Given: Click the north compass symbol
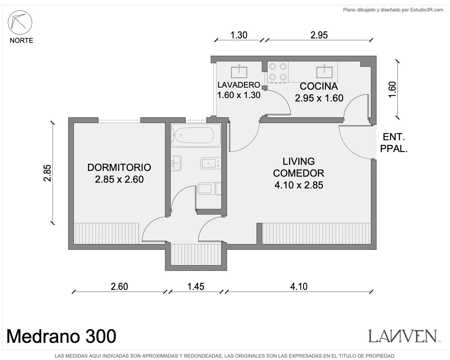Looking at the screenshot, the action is [x=20, y=22].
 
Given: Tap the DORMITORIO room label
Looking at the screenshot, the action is [x=119, y=168].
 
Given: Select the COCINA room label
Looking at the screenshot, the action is [x=319, y=86].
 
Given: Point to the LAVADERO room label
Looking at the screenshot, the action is [x=239, y=85].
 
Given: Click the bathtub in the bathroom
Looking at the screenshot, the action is [x=194, y=135].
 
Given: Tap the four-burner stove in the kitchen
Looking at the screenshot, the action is [x=278, y=72].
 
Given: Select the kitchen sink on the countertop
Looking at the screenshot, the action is [x=324, y=72].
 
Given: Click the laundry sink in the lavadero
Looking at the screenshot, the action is [x=239, y=72].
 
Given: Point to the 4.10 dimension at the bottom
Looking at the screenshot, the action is [x=299, y=287].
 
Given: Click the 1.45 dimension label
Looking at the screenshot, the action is [x=196, y=287].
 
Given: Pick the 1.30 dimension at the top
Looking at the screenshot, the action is [x=239, y=35].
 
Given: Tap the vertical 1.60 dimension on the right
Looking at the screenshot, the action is [x=392, y=90].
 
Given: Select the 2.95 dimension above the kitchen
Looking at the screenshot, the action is [x=319, y=35].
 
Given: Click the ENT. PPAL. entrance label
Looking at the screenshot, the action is [x=394, y=143].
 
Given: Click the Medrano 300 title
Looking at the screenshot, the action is [x=61, y=336].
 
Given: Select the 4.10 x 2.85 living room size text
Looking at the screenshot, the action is [x=299, y=185].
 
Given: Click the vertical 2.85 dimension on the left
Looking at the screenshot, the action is [x=48, y=173].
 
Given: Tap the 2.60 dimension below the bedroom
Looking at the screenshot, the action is [x=119, y=287].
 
